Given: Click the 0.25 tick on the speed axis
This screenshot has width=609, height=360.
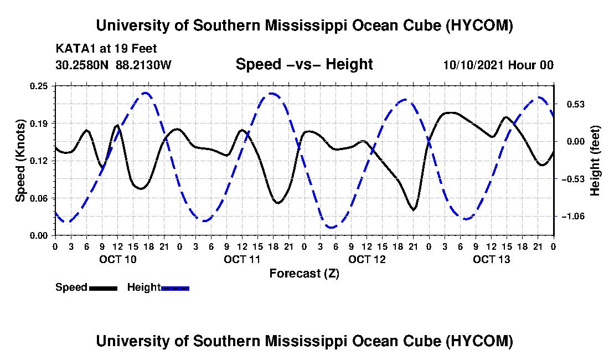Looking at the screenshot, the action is (x=39, y=86).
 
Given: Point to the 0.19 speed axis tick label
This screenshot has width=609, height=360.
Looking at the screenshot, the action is (x=39, y=124).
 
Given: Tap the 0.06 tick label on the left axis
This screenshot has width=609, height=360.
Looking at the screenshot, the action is (x=39, y=198).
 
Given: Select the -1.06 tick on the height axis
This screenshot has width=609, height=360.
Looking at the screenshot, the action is (x=573, y=217).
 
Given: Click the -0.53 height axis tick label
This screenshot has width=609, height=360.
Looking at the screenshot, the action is (x=573, y=179).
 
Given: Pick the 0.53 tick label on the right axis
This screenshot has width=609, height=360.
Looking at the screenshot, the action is (x=576, y=105).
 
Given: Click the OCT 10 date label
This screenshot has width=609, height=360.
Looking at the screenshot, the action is (x=118, y=259).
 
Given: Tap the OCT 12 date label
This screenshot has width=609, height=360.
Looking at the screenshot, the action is (x=367, y=259).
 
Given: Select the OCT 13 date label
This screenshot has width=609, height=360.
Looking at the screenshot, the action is (x=491, y=259).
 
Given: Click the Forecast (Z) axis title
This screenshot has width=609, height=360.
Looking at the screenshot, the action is (x=304, y=274).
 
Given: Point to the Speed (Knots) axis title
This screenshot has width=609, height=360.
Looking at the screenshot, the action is (x=20, y=161).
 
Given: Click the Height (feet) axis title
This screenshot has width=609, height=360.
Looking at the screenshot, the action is (x=595, y=161).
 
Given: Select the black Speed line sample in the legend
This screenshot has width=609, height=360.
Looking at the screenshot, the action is (x=103, y=288).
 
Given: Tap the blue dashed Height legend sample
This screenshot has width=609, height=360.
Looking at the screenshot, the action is (x=175, y=288).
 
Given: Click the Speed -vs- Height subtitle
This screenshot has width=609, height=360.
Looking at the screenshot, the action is (x=304, y=64).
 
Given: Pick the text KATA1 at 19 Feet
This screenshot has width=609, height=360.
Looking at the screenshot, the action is (x=106, y=49).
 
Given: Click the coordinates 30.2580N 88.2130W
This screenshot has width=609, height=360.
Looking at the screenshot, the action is (x=113, y=65).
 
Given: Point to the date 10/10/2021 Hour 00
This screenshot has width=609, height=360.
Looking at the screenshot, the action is (x=498, y=65).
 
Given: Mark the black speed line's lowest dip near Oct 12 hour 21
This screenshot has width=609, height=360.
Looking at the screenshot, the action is (x=414, y=210).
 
